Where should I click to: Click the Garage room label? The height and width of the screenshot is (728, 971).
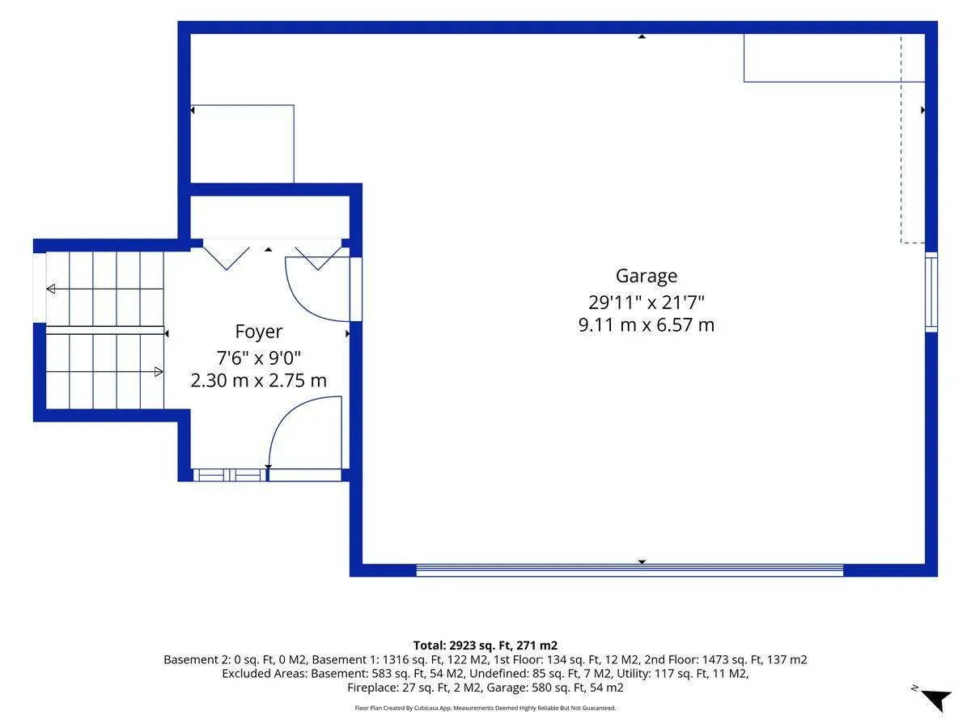[x=646, y=277]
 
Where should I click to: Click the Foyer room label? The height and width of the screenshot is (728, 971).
[x=258, y=332]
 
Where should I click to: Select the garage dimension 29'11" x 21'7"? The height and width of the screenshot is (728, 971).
[x=646, y=303]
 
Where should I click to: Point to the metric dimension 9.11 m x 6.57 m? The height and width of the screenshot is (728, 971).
[x=646, y=325]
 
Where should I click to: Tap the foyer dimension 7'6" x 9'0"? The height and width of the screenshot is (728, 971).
[x=258, y=358]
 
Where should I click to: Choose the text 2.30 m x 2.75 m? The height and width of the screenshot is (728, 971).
[x=258, y=380]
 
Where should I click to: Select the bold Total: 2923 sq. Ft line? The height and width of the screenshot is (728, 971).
[x=485, y=645]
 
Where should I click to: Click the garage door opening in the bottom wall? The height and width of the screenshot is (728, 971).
[x=630, y=570]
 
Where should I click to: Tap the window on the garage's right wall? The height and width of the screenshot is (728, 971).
[x=931, y=292]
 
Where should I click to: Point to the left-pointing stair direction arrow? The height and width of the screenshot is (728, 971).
[x=105, y=289]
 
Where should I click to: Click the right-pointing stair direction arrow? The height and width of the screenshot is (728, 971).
[x=105, y=372]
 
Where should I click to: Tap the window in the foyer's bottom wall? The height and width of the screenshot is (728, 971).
[x=230, y=475]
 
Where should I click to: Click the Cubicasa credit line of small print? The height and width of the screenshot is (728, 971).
[x=485, y=708]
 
